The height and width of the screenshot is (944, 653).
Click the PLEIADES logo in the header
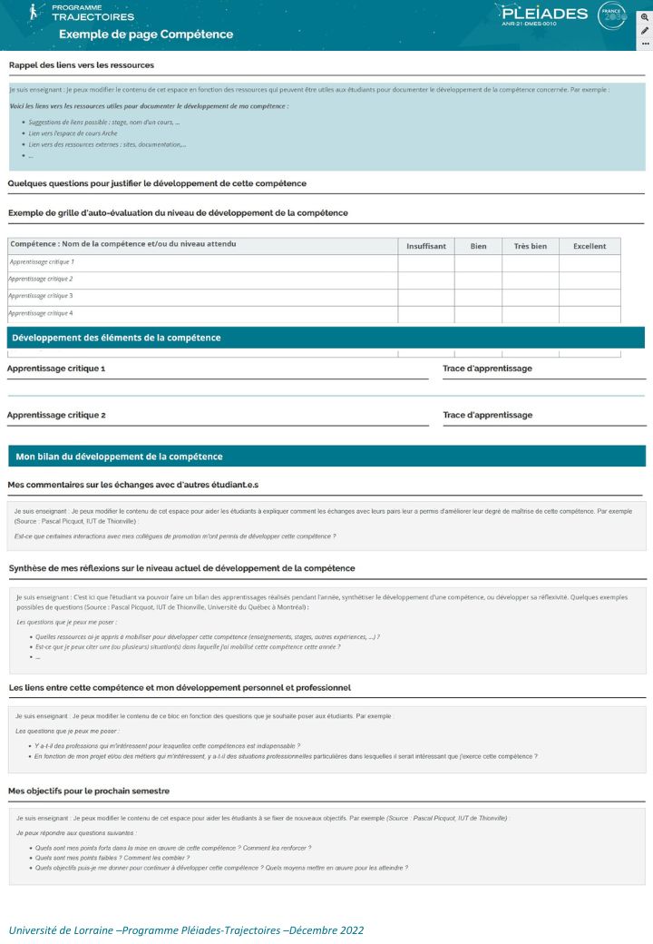click(544, 15)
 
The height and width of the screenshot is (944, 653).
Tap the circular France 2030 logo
click(613, 15)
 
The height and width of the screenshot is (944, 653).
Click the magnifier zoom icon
click(645, 17)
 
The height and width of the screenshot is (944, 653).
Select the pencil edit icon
click(645, 30)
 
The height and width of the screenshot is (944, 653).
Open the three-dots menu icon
click(645, 43)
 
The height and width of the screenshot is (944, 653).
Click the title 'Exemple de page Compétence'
click(146, 34)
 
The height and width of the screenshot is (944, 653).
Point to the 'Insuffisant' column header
click(426, 246)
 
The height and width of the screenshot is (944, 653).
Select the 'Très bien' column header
click(531, 246)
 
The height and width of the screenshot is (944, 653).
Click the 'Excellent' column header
click(590, 246)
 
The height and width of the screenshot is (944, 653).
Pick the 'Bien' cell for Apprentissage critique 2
click(478, 280)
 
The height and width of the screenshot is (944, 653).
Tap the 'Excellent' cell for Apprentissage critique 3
click(590, 297)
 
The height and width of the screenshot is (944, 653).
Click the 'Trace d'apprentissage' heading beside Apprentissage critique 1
click(487, 369)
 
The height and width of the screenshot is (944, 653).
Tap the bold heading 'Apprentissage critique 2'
click(56, 415)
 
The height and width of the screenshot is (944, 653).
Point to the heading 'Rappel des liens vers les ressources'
click(82, 65)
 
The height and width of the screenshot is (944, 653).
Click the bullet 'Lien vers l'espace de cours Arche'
click(73, 133)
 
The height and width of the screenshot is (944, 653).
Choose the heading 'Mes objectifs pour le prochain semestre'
click(89, 791)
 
